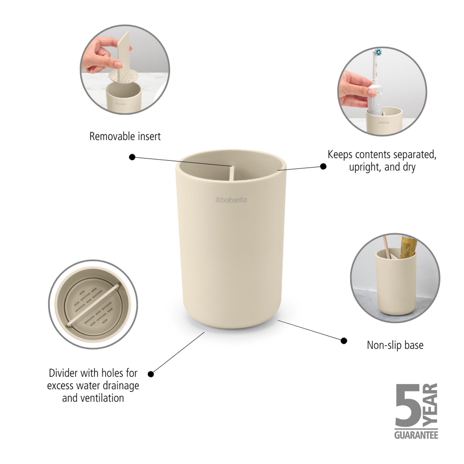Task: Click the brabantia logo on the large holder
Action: point(231,200)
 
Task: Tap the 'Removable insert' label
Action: point(125,136)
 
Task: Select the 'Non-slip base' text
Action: point(395,345)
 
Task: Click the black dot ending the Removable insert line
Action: point(132,157)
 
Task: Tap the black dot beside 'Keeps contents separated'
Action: point(323,166)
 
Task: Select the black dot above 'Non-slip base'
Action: point(344,341)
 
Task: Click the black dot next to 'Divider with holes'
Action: point(151,374)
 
